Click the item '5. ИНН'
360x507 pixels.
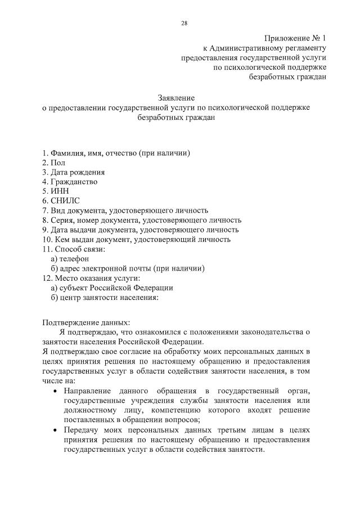(x=55, y=191)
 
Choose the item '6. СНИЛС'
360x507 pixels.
(x=61, y=201)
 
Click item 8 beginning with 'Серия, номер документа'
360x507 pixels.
(x=142, y=220)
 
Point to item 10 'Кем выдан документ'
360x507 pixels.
(x=136, y=239)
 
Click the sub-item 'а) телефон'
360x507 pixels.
(x=70, y=258)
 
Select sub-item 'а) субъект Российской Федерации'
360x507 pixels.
(x=112, y=287)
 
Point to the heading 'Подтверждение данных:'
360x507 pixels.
(x=86, y=322)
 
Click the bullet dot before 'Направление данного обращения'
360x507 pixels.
(x=54, y=391)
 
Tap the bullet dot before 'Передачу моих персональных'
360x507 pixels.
(x=54, y=430)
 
